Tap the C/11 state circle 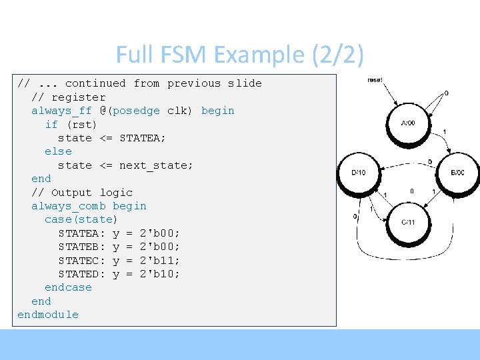[407, 222]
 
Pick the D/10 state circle [358, 173]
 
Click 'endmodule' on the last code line [48, 315]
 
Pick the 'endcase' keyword [68, 287]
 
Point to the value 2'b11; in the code [160, 260]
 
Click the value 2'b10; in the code [160, 274]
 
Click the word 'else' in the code [58, 151]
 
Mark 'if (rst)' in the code [71, 124]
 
